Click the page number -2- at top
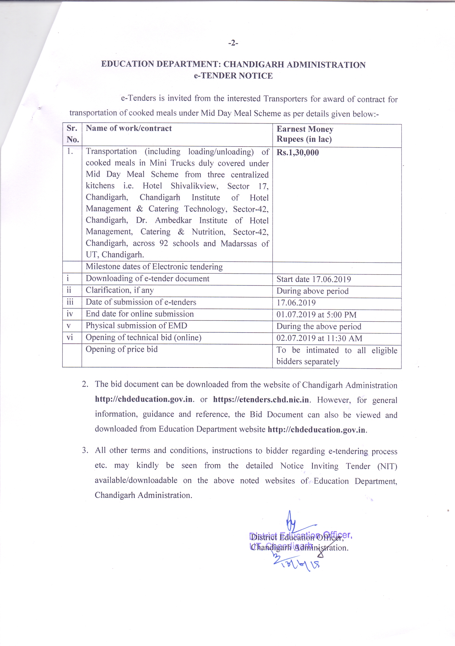pos(233,43)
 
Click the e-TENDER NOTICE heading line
pos(233,76)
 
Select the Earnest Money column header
pos(305,134)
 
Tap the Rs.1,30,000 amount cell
pos(297,153)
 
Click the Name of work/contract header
pos(128,128)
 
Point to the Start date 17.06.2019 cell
pos(313,279)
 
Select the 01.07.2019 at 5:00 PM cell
pos(316,315)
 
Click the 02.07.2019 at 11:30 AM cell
pos(319,338)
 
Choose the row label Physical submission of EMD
pos(136,326)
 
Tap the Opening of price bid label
pos(121,349)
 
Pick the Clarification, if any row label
pos(119,290)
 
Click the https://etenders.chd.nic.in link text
pos(261,400)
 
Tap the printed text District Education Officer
pos(297,538)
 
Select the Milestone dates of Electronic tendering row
pos(154,267)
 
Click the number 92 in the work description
pos(163,243)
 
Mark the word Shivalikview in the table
pos(194,186)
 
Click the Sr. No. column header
pos(72,134)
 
